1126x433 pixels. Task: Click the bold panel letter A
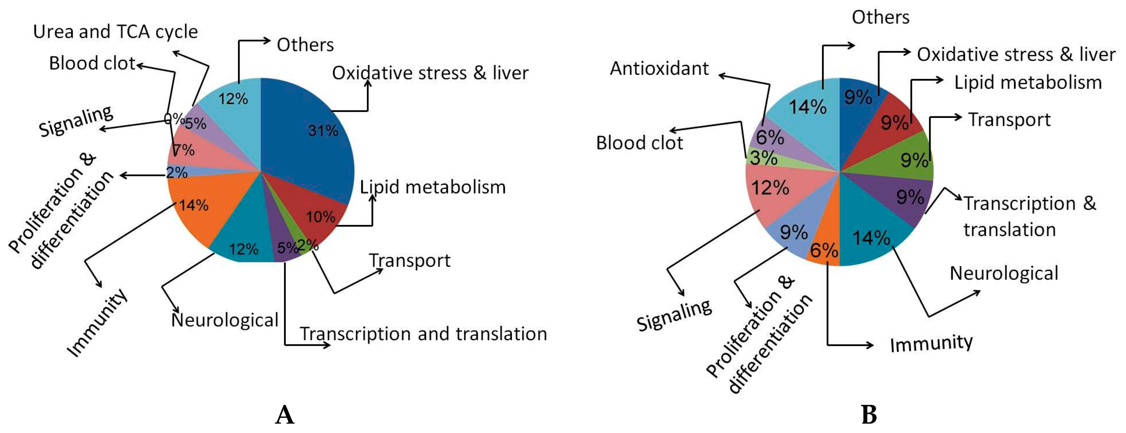click(285, 414)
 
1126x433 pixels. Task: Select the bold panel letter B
click(869, 414)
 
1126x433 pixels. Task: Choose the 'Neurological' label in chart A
click(225, 320)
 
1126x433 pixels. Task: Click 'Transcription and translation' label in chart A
click(423, 334)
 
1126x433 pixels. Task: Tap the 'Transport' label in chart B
click(1009, 120)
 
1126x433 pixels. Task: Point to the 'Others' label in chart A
click(305, 45)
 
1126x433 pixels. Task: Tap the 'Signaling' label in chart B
click(673, 315)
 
